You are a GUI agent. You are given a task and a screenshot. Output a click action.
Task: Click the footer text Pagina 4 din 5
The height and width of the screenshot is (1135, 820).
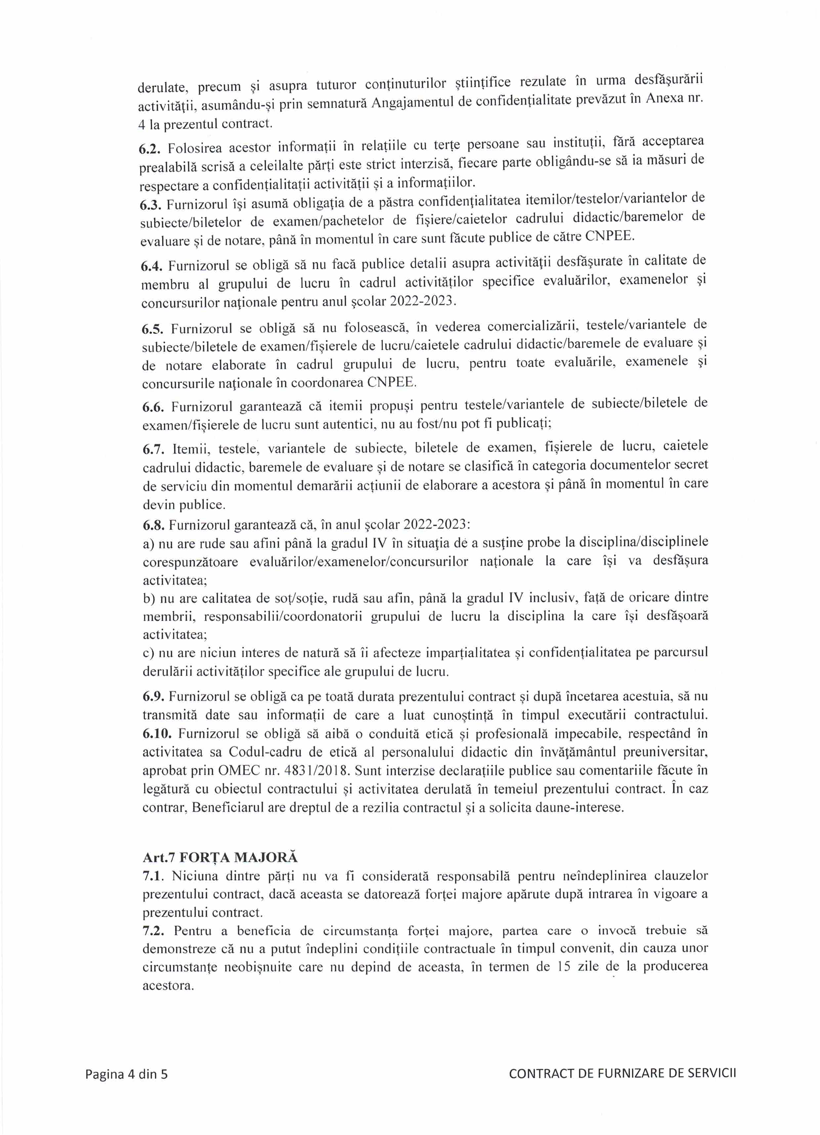point(126,1074)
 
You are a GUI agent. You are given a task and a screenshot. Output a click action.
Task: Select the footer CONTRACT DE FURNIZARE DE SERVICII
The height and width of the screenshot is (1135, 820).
point(622,1073)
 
